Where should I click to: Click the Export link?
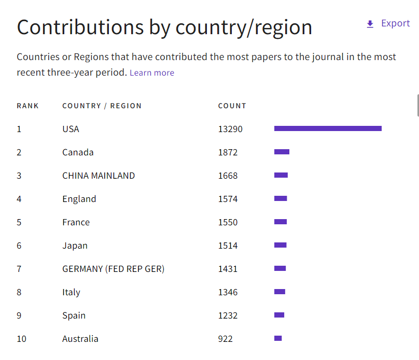395,23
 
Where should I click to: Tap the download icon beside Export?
370,24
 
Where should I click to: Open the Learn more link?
152,73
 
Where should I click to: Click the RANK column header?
27,106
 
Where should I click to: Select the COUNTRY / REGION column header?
102,106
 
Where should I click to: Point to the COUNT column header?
232,106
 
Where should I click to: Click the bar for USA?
328,128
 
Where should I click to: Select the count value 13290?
230,129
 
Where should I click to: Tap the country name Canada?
78,152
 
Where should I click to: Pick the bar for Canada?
282,152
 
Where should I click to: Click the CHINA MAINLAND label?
99,176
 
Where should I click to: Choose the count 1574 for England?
228,199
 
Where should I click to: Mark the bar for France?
281,222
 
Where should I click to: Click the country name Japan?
75,246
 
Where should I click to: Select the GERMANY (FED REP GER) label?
113,269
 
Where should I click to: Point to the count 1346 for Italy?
228,292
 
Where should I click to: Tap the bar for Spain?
279,315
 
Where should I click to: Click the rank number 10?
21,339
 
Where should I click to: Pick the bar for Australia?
278,338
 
